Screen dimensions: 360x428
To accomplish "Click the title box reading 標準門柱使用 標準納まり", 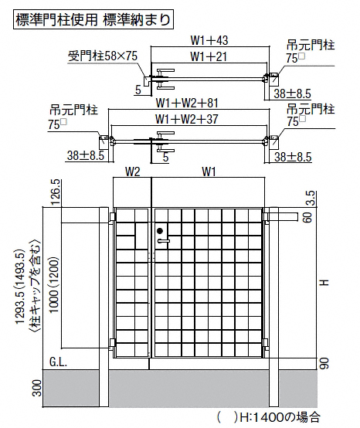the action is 93,19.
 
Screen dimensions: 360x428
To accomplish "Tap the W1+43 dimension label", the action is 209,41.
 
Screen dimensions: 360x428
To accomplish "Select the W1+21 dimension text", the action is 209,56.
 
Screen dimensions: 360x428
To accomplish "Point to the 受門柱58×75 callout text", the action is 102,56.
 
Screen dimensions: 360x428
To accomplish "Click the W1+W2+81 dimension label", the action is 187,104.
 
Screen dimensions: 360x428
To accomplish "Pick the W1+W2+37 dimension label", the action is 187,119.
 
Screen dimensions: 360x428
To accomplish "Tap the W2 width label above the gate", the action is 132,172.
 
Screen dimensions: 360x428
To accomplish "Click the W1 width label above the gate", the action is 209,172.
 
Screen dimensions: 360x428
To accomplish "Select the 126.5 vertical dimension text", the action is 55,192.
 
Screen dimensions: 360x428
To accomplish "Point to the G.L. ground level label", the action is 58,362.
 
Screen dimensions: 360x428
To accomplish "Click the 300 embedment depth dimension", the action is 37,388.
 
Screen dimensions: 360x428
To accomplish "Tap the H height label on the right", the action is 324,282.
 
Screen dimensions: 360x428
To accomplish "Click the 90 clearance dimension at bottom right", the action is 324,363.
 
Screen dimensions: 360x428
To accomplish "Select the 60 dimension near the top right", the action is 307,218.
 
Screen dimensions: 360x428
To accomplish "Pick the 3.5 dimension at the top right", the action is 312,199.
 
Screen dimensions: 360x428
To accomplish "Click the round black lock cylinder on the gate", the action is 160,231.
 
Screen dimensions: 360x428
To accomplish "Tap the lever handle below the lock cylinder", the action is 164,241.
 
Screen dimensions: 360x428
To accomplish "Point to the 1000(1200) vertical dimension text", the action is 54,284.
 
